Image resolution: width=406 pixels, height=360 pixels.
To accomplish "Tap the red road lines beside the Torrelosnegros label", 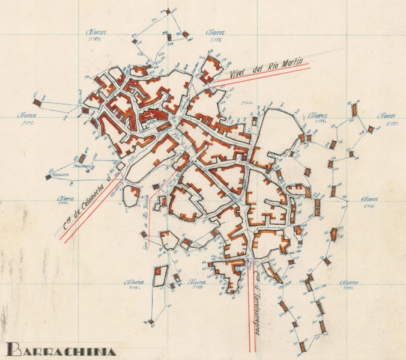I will point(249,307).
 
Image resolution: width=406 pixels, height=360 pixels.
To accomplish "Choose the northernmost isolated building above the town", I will point(170,11).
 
